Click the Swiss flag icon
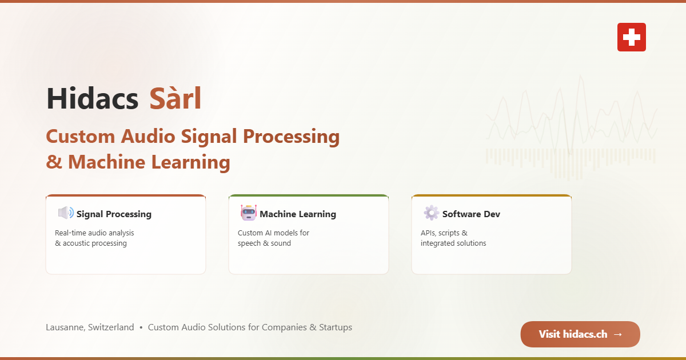(632, 37)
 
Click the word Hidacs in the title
(93, 98)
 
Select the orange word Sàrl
(175, 98)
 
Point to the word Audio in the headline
(148, 137)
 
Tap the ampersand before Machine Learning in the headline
(54, 162)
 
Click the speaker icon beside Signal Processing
(66, 213)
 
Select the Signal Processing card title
(114, 214)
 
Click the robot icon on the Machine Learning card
(249, 213)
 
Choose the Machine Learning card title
(298, 214)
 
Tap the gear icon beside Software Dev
(431, 213)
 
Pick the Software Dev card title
(471, 214)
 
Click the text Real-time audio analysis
(94, 233)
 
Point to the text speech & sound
(264, 243)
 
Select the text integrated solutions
(453, 243)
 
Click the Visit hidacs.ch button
(580, 334)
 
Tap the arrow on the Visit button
(618, 334)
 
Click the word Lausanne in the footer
(65, 327)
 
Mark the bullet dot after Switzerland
(141, 327)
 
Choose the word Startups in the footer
(336, 327)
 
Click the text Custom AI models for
(273, 233)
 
